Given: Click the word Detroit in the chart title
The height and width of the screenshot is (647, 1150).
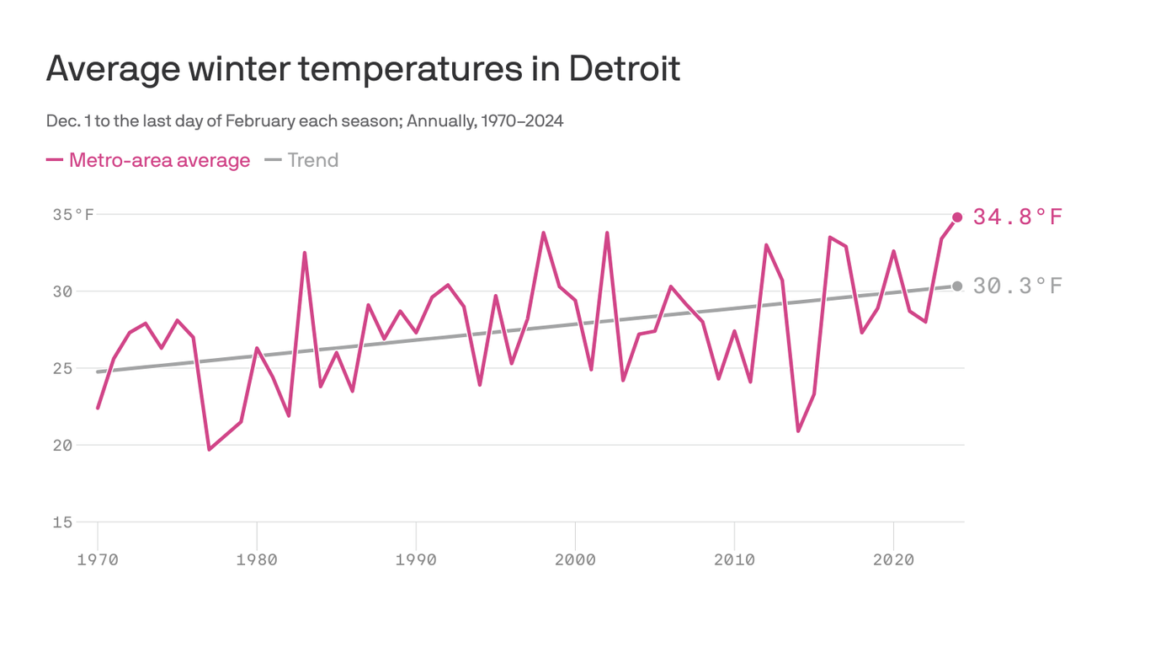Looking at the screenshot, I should pyautogui.click(x=624, y=68).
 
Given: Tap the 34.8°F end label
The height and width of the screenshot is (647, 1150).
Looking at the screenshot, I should pyautogui.click(x=1017, y=217).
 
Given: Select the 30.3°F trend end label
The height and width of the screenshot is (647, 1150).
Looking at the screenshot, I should pyautogui.click(x=1017, y=286).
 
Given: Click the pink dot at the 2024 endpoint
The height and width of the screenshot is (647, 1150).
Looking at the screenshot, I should pyautogui.click(x=957, y=217).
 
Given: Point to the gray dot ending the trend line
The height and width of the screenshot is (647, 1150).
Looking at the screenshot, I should pyautogui.click(x=957, y=286).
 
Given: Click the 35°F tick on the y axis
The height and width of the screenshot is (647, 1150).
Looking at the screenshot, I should pyautogui.click(x=73, y=215).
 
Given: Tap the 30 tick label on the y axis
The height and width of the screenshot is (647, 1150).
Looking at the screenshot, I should pyautogui.click(x=63, y=291).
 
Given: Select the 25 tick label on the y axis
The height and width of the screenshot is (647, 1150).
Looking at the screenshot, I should pyautogui.click(x=63, y=368).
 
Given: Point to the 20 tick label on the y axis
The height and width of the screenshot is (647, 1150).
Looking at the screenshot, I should pyautogui.click(x=63, y=445).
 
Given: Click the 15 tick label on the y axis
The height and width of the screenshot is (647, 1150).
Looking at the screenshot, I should pyautogui.click(x=63, y=521).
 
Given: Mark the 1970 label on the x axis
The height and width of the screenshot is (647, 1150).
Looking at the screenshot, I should pyautogui.click(x=98, y=559).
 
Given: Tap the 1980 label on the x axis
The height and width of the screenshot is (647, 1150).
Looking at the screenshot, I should pyautogui.click(x=257, y=559).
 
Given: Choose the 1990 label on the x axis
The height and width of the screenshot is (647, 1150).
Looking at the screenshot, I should pyautogui.click(x=416, y=559).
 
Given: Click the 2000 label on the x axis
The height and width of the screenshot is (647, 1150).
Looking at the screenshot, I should pyautogui.click(x=575, y=559).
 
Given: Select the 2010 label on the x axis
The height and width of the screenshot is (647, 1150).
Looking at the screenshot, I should pyautogui.click(x=734, y=559).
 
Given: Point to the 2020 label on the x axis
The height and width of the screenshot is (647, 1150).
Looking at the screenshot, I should pyautogui.click(x=893, y=559).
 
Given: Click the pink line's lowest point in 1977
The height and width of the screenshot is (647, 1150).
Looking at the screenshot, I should pyautogui.click(x=210, y=449).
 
